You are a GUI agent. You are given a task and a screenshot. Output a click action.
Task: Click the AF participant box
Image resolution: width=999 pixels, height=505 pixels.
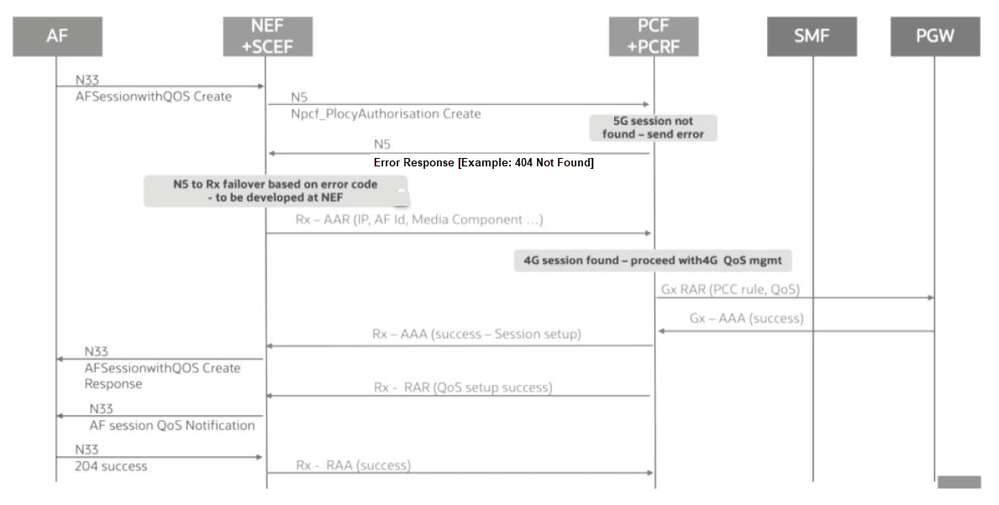tap(57, 36)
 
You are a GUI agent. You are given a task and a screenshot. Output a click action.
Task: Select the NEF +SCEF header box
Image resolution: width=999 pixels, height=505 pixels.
tap(266, 36)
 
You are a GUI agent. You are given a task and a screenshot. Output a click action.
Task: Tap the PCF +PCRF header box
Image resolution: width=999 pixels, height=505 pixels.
tap(653, 36)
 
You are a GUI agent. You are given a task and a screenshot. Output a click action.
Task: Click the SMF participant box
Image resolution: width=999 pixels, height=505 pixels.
tap(811, 36)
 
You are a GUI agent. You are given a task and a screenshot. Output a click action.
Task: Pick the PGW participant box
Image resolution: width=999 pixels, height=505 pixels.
tap(934, 36)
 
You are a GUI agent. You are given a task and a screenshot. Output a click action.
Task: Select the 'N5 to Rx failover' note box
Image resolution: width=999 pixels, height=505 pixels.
tap(276, 191)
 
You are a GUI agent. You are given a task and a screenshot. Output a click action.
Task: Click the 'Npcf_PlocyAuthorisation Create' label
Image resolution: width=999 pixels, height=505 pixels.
tap(386, 113)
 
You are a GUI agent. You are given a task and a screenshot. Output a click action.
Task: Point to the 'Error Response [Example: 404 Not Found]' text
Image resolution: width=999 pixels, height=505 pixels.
tap(483, 163)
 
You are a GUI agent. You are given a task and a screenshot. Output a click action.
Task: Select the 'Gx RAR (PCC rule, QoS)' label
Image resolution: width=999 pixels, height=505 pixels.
tap(730, 290)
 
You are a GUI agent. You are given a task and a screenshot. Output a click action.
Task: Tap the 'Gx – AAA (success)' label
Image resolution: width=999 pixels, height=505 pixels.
tap(746, 318)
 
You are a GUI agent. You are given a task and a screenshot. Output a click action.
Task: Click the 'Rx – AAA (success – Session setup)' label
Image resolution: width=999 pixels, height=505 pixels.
tap(476, 334)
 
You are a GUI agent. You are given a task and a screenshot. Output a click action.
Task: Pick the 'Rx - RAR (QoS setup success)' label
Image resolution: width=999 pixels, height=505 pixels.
tap(462, 387)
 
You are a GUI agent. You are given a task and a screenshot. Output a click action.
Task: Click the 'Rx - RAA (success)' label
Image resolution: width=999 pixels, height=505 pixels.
tap(353, 465)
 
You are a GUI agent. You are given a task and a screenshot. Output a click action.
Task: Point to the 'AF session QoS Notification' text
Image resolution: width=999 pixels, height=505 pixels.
tap(171, 425)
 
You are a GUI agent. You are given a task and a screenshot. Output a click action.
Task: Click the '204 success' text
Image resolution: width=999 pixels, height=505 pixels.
tap(111, 466)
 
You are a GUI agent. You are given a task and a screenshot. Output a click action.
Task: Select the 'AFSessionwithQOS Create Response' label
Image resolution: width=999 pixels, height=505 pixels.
tap(162, 376)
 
